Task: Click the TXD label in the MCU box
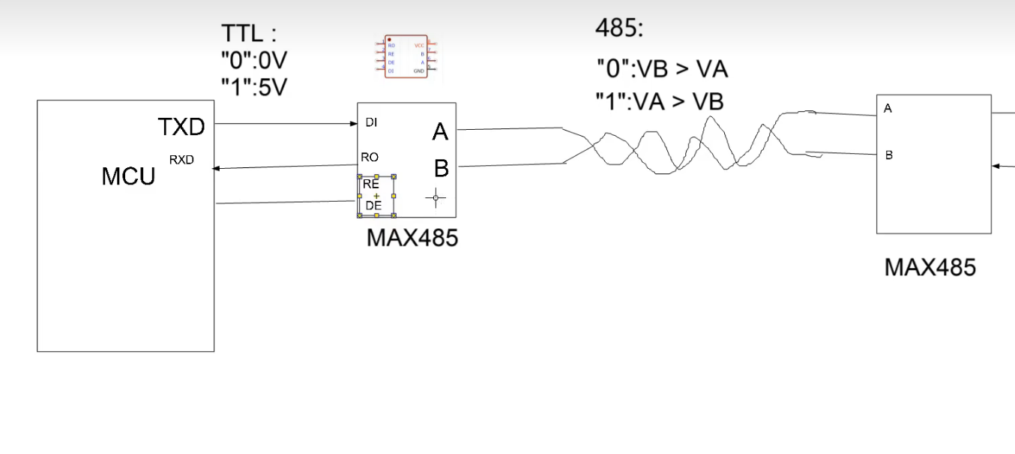(x=181, y=128)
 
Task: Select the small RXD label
(x=181, y=159)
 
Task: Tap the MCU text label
(x=128, y=177)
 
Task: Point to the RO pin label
(x=370, y=157)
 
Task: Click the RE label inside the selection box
(x=371, y=184)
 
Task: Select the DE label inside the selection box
(x=373, y=205)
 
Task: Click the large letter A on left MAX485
(x=440, y=133)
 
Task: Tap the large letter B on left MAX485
(x=441, y=169)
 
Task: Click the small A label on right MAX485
(x=888, y=109)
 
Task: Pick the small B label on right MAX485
(x=889, y=155)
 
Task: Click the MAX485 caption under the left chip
(x=412, y=238)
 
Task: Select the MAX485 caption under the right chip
(x=930, y=267)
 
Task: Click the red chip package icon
(x=406, y=57)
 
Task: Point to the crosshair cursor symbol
(x=436, y=199)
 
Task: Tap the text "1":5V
(x=254, y=87)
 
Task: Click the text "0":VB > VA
(x=662, y=69)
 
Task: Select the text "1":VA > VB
(x=660, y=101)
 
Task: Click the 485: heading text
(x=619, y=29)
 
